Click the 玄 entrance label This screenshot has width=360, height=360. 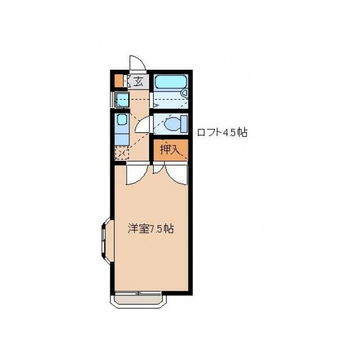tap(138, 82)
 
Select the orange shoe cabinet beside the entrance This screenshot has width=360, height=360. tap(118, 81)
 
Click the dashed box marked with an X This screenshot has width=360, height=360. tap(121, 152)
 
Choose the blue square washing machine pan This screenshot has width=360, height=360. tap(121, 100)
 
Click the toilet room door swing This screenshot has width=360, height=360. tap(144, 124)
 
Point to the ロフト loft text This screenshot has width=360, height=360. tap(209, 133)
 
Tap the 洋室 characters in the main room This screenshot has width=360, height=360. tap(137, 229)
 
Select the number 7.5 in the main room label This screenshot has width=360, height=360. tap(157, 229)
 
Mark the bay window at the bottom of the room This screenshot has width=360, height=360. tap(138, 299)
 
